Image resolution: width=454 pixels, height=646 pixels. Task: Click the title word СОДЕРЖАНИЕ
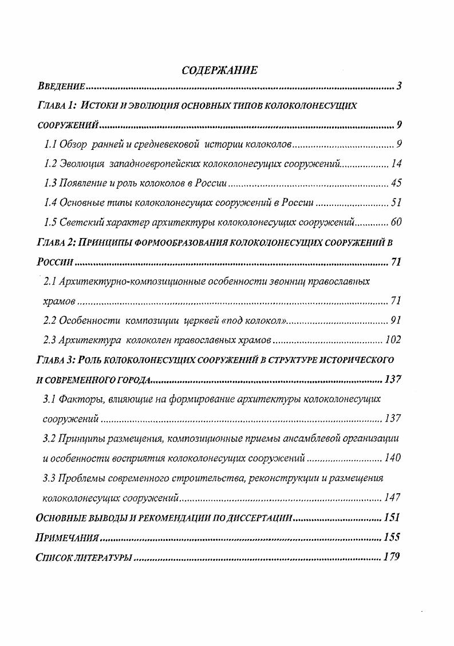point(219,70)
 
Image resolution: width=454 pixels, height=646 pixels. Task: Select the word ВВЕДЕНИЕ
point(61,88)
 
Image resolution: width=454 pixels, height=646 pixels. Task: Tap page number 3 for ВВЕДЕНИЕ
point(399,87)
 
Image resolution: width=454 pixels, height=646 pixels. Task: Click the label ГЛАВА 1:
point(56,106)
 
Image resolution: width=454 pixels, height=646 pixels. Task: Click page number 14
point(396,164)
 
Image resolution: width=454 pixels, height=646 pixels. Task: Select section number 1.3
point(50,184)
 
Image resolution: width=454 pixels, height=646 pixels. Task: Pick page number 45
point(396,184)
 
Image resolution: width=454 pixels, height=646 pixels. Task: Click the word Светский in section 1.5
point(79,223)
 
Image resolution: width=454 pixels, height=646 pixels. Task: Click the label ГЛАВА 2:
point(56,243)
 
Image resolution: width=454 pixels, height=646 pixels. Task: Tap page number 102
point(393,340)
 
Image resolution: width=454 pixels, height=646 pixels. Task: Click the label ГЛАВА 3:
point(56,360)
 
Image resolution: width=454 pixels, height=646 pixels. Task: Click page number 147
point(393,497)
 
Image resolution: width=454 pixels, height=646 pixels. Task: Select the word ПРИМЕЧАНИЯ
point(68,537)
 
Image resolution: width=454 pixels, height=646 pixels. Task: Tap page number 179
point(392,557)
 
